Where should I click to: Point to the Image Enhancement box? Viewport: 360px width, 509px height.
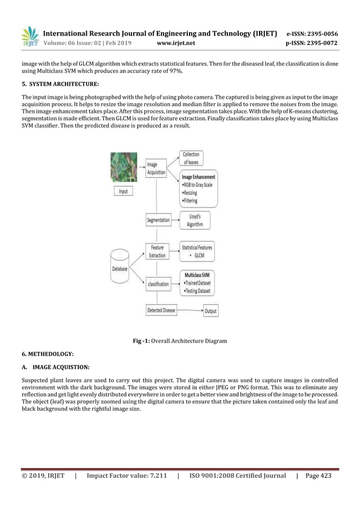(198, 188)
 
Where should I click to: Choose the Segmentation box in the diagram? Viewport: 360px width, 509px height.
(158, 220)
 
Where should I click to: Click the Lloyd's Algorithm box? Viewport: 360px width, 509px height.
(194, 220)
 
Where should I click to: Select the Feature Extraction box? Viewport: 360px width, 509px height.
(157, 251)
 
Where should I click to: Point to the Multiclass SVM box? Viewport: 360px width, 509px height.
(198, 282)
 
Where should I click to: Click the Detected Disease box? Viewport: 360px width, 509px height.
(161, 310)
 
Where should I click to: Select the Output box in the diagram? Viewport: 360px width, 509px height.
(210, 311)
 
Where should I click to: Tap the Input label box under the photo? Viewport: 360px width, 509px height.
(123, 191)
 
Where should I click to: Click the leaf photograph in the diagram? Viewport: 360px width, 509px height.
(124, 167)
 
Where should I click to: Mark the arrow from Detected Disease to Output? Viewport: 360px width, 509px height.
(190, 310)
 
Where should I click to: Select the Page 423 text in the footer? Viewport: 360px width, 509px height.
(319, 476)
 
